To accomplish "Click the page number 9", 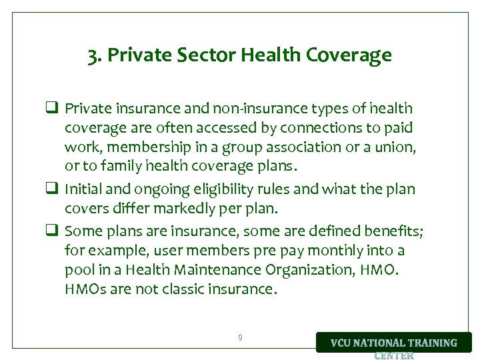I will pyautogui.click(x=240, y=338).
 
